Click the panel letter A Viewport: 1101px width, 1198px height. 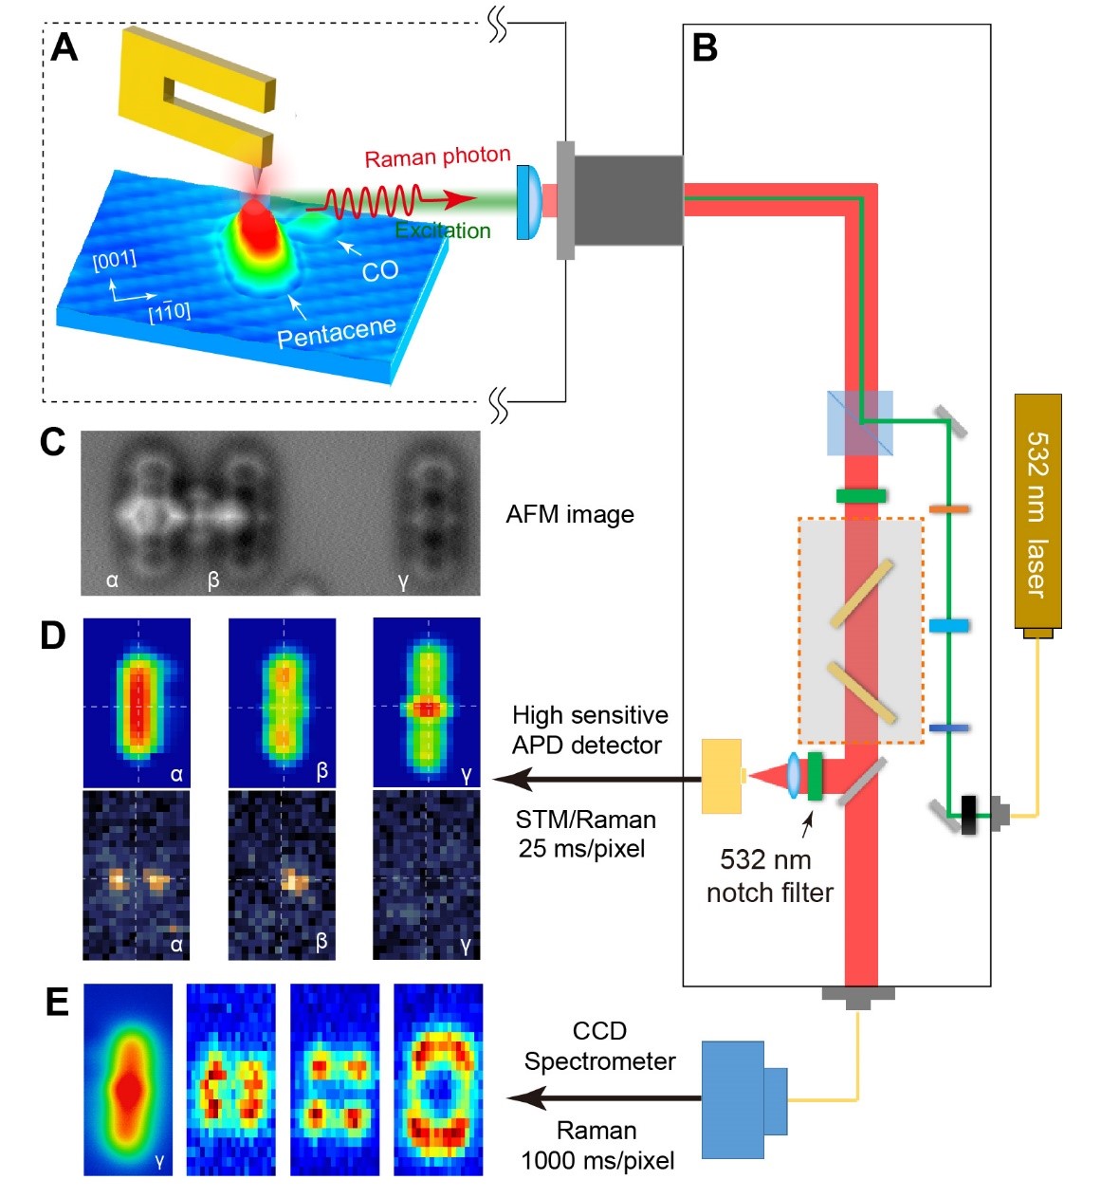[64, 47]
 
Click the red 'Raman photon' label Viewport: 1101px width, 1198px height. [437, 157]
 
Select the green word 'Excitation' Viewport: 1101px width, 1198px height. [443, 230]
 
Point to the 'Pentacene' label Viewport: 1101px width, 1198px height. [337, 332]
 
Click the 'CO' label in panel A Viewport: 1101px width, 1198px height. [379, 271]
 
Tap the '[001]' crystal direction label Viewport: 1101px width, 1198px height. [115, 259]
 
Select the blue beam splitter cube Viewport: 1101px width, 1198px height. [860, 423]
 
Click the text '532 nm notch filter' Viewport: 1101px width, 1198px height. [768, 875]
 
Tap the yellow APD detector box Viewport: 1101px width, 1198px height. [721, 777]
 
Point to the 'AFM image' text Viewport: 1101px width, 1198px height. [570, 514]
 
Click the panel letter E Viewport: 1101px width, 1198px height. [57, 1002]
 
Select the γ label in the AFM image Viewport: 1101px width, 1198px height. [404, 581]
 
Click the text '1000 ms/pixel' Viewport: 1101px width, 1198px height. [597, 1160]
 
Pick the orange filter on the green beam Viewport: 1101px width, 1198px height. [948, 509]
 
